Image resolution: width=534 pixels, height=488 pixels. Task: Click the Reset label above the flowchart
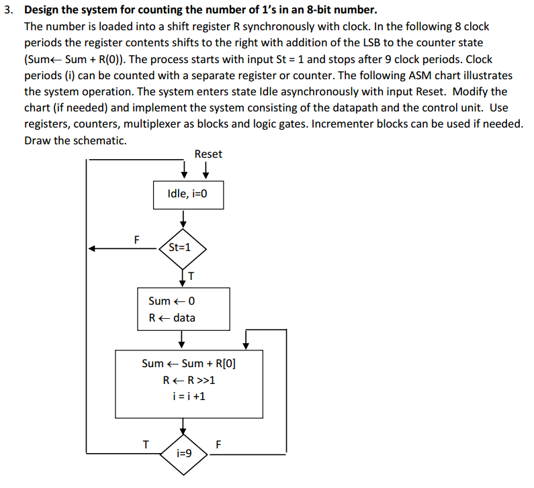(208, 154)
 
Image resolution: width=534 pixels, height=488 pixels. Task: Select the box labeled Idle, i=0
(187, 194)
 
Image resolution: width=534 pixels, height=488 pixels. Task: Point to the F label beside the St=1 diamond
(137, 238)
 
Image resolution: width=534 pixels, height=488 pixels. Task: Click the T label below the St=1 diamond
(191, 275)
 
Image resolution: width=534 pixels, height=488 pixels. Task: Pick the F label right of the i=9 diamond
(217, 443)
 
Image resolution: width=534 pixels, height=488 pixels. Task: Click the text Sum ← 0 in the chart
(171, 301)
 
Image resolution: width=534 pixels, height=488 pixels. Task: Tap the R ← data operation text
(172, 318)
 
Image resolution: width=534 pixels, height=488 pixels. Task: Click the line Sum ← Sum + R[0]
(189, 363)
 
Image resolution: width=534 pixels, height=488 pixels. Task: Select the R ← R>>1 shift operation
(189, 380)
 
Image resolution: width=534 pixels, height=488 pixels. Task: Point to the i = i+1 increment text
(189, 396)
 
